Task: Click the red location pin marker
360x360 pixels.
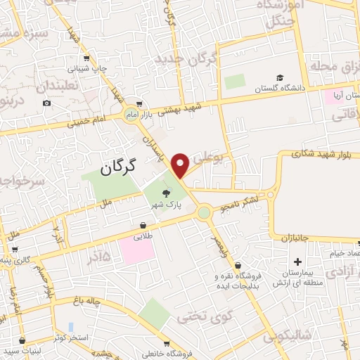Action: [181, 165]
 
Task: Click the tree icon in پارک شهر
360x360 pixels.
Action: [167, 192]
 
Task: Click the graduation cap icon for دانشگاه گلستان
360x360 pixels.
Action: [280, 77]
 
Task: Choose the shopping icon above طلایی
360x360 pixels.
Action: [143, 225]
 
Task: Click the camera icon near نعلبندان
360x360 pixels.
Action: [46, 103]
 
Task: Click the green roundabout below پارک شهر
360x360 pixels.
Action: [204, 212]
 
